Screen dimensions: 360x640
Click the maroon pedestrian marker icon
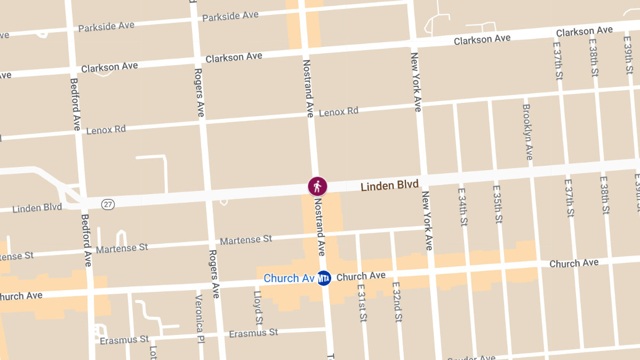317,186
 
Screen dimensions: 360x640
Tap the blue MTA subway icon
324,278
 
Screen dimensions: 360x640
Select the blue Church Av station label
289,278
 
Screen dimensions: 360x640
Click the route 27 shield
108,204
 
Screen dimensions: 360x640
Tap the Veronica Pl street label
200,319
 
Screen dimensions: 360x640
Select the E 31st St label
362,303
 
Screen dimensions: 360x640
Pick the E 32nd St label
396,302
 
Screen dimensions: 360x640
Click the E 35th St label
497,204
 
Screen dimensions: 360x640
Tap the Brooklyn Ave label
527,132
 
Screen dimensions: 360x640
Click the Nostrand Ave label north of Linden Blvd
308,88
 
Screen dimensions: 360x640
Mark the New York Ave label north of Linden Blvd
416,82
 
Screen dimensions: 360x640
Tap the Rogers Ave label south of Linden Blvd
214,274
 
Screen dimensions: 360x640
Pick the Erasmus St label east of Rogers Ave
253,333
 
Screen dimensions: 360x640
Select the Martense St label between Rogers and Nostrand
246,240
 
